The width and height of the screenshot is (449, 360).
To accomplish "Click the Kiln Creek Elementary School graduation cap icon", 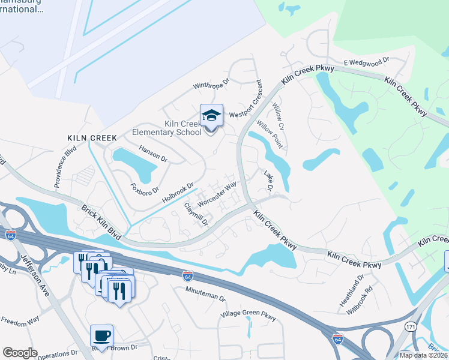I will pos(211,115).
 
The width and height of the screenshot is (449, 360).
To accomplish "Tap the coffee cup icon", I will pos(101,335).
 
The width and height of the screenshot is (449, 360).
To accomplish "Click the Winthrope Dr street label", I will pos(211,85).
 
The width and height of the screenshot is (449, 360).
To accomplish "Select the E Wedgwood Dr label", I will pos(367,61).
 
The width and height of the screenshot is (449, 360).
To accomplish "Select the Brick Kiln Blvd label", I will pos(102,222).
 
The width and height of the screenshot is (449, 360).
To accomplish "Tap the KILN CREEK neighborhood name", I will pos(92,138).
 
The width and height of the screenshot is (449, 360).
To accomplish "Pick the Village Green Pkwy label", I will pos(249,314).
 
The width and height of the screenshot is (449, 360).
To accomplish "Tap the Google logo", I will pos(20,353).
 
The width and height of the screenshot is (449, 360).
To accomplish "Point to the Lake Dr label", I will pos(269,181).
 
